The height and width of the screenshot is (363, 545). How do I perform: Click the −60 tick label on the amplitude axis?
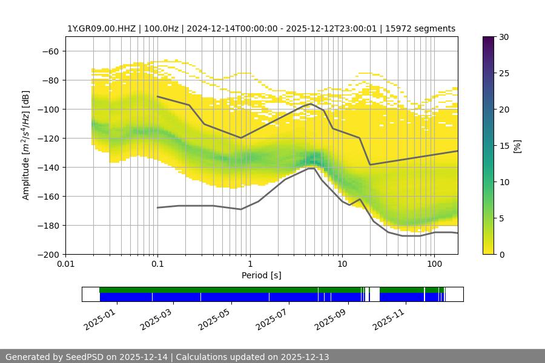[x=50, y=51]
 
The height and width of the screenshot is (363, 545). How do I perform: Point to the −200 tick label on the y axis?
[x=47, y=255]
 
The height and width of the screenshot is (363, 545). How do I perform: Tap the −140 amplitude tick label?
[x=47, y=168]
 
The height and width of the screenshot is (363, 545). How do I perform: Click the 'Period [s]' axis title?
[x=262, y=276]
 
